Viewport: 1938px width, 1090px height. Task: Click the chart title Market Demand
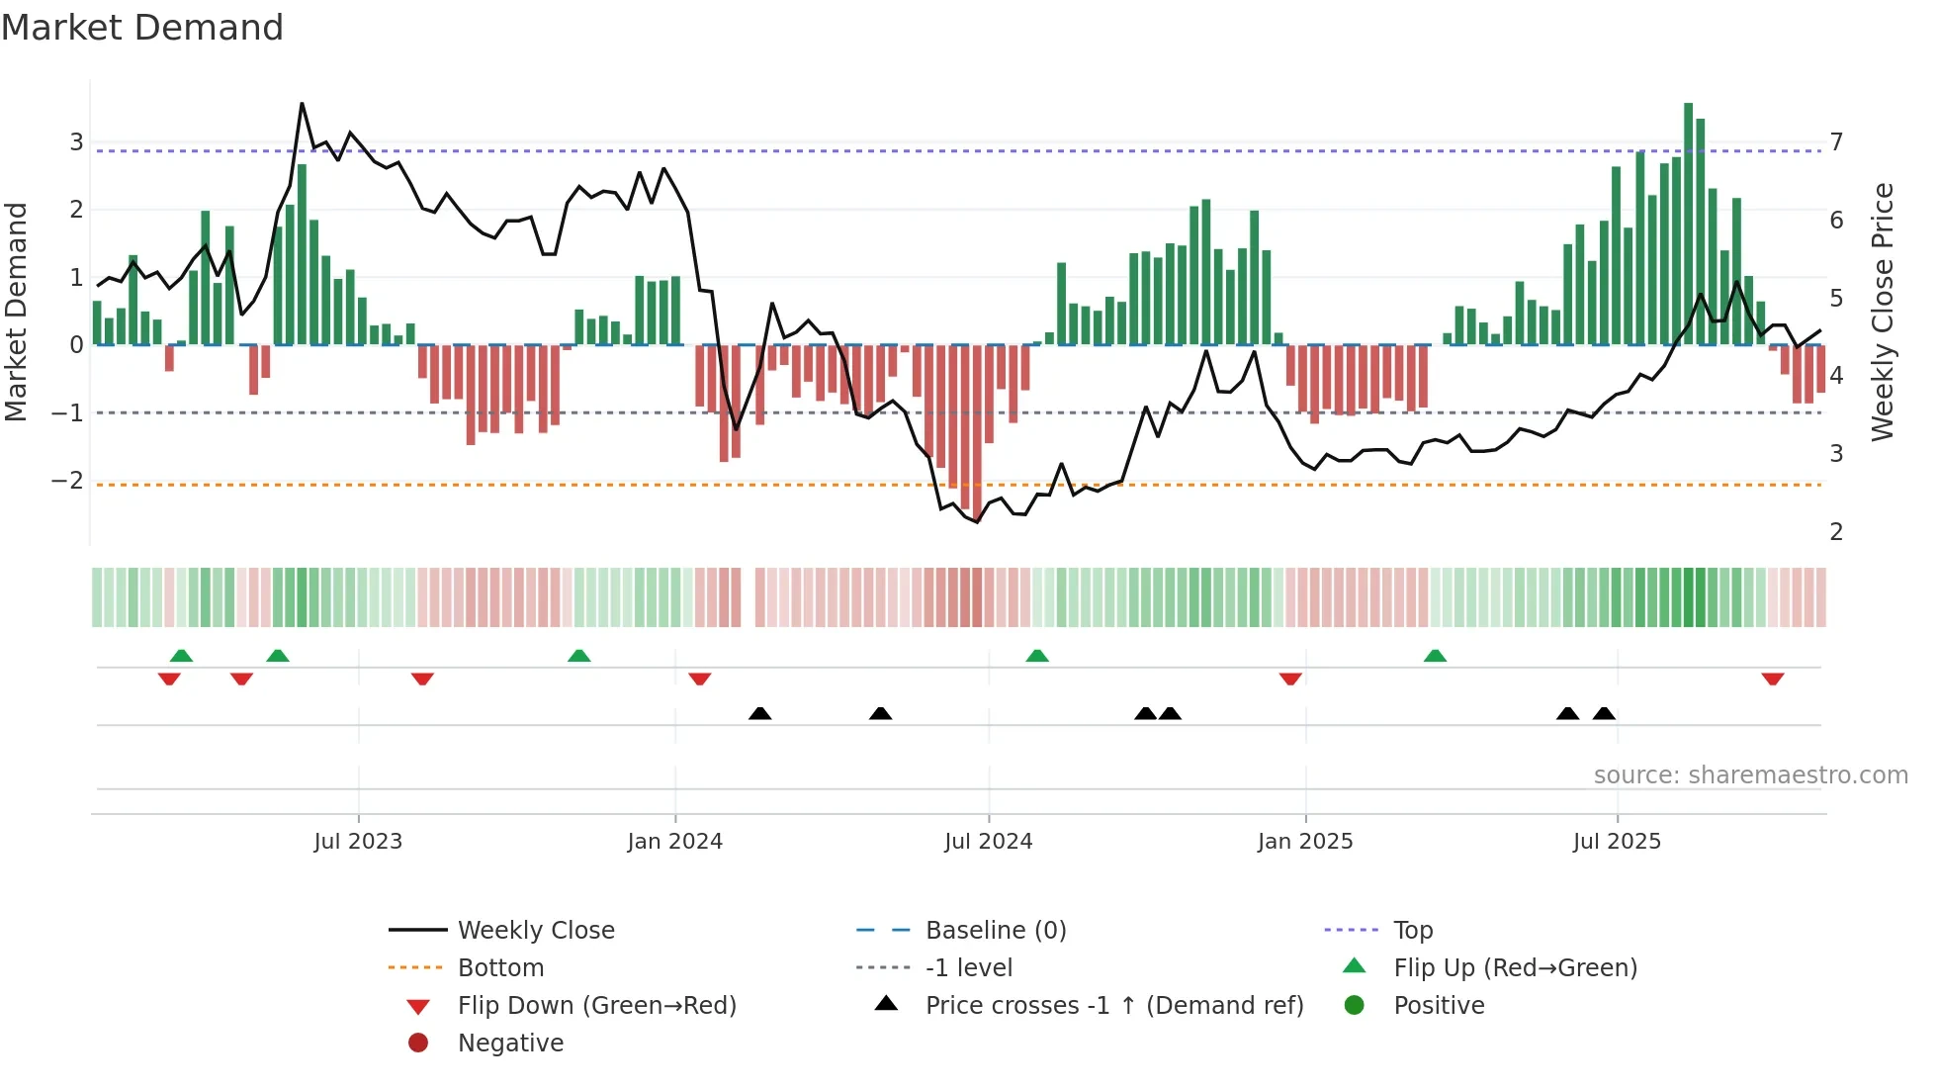[x=142, y=28]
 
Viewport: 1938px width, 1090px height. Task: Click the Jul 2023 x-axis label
[x=358, y=842]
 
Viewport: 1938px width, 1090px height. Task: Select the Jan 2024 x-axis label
[x=674, y=842]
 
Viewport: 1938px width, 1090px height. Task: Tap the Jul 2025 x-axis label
[x=1617, y=842]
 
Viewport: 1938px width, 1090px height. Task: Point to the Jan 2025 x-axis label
[x=1305, y=842]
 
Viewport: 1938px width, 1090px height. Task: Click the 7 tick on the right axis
[x=1836, y=142]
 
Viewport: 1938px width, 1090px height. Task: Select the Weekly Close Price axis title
[x=1883, y=312]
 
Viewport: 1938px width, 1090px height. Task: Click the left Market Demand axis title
[x=17, y=312]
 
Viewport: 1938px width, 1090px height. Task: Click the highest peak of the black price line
[x=302, y=104]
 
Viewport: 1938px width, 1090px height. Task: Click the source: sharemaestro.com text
[x=1750, y=775]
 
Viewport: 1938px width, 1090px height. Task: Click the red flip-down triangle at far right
[x=1772, y=679]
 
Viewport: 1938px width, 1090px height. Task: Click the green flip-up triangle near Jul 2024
[x=1036, y=656]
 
